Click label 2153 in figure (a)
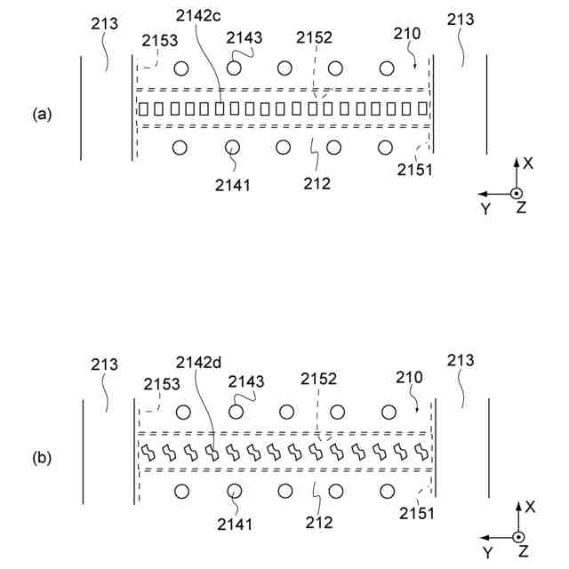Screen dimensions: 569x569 pyautogui.click(x=160, y=41)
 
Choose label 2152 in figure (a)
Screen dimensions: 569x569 pyautogui.click(x=315, y=38)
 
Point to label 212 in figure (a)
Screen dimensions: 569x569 pyautogui.click(x=317, y=184)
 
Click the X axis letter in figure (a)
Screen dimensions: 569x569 pyautogui.click(x=527, y=164)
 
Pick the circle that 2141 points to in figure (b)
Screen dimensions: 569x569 pyautogui.click(x=236, y=490)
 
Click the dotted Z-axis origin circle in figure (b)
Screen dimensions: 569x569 pyautogui.click(x=518, y=537)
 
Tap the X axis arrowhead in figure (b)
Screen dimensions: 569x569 pyautogui.click(x=518, y=504)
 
